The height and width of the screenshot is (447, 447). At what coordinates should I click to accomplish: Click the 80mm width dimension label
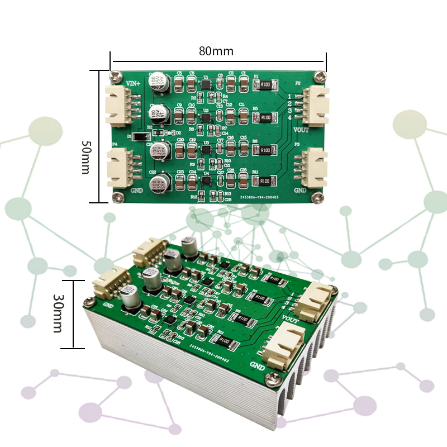pos(216,51)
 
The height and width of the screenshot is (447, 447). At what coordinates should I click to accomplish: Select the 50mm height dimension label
pos(86,157)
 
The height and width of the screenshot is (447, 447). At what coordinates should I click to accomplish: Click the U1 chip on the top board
pos(206,84)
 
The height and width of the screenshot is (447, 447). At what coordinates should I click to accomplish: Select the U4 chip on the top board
pos(206,180)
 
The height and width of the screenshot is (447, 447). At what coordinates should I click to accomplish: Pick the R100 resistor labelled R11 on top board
pos(265,180)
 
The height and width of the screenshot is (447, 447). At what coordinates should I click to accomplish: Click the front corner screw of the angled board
pos(273,378)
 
